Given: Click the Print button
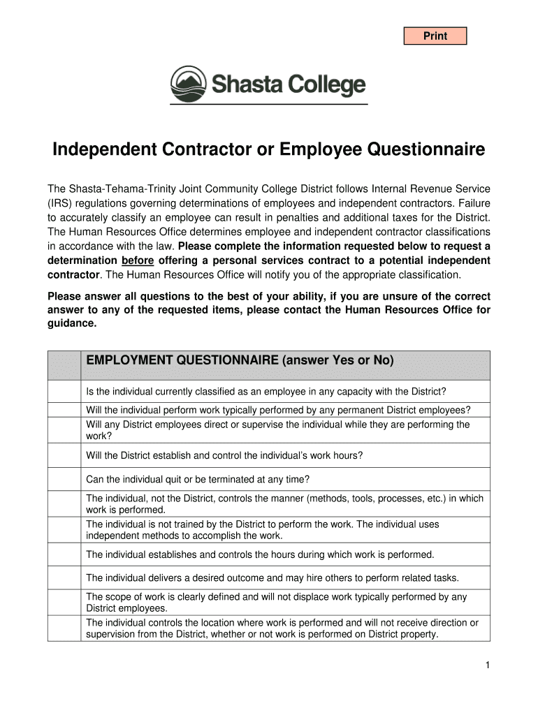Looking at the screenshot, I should pyautogui.click(x=435, y=36).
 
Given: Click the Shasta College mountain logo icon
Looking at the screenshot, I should pyautogui.click(x=189, y=84).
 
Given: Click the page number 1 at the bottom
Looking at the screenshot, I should pyautogui.click(x=487, y=665).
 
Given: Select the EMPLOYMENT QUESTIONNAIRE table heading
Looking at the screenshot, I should pyautogui.click(x=240, y=361).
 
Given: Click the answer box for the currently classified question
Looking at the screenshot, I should pyautogui.click(x=65, y=390).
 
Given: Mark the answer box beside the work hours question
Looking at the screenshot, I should pyautogui.click(x=65, y=455).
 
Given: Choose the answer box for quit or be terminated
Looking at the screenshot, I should pyautogui.click(x=65, y=479).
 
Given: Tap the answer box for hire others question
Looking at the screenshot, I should pyautogui.click(x=65, y=577).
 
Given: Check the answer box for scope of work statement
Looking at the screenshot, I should pyautogui.click(x=65, y=602).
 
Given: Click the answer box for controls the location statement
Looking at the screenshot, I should pyautogui.click(x=65, y=628).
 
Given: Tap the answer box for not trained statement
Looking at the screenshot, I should pyautogui.click(x=65, y=530).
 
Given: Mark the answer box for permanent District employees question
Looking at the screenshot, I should pyautogui.click(x=65, y=409).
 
